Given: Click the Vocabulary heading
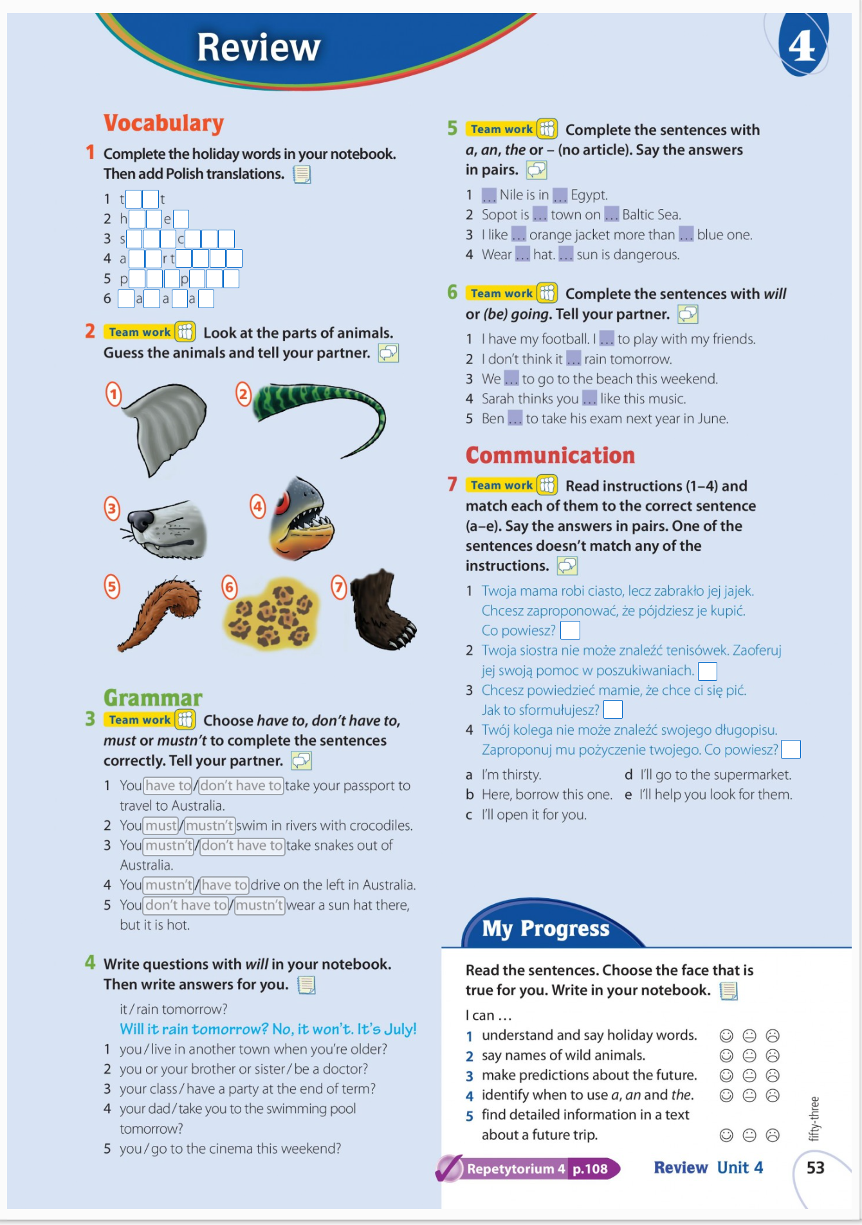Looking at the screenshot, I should coord(163,123).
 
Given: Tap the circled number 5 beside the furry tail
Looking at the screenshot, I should coord(113,587).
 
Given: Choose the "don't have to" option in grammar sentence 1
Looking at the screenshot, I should coord(241,786).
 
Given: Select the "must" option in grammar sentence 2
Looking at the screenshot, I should coord(161,825).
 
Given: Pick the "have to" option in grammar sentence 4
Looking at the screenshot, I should coord(224,885).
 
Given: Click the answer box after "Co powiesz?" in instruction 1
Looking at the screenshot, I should coord(570,631).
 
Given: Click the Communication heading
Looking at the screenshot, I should coord(550,456).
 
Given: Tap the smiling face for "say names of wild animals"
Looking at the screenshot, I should coord(726,1056).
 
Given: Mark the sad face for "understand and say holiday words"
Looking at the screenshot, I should coord(773,1036).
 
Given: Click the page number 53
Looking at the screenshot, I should coord(815,1168).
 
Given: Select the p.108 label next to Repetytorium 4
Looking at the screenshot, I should coord(590,1169).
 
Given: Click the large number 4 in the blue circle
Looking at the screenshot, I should coord(802,46).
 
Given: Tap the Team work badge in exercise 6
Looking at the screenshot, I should coord(502,293).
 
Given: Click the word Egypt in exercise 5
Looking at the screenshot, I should coord(589,195).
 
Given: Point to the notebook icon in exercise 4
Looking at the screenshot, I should coord(306,984).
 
